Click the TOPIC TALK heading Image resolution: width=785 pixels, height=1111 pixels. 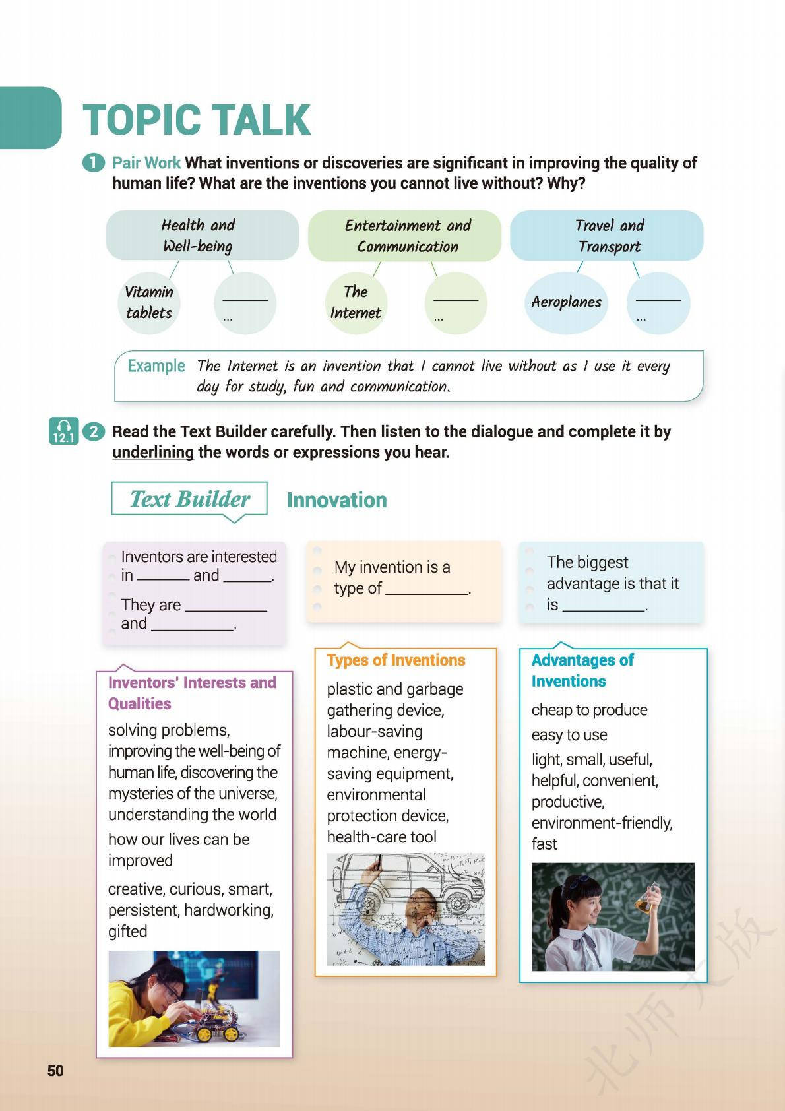[197, 120]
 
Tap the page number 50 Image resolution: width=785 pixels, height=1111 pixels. [55, 1071]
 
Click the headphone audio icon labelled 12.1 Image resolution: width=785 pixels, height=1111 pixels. [63, 431]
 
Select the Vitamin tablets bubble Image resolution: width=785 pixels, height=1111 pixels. [149, 302]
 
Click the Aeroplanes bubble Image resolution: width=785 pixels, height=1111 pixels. [566, 302]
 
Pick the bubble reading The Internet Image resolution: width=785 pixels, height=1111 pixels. [356, 302]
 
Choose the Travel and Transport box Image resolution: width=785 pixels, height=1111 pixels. [607, 236]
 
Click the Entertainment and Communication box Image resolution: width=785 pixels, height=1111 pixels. [405, 236]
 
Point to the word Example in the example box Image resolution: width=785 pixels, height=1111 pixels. [156, 366]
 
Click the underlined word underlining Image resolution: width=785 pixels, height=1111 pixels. [153, 453]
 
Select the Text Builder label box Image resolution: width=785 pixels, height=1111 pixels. [189, 499]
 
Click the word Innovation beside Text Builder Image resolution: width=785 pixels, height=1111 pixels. [336, 500]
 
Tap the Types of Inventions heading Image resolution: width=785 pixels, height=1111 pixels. [396, 660]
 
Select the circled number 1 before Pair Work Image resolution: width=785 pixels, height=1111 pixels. [94, 163]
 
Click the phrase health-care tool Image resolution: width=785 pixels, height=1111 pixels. [381, 837]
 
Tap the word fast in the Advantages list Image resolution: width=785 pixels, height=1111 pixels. [544, 844]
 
